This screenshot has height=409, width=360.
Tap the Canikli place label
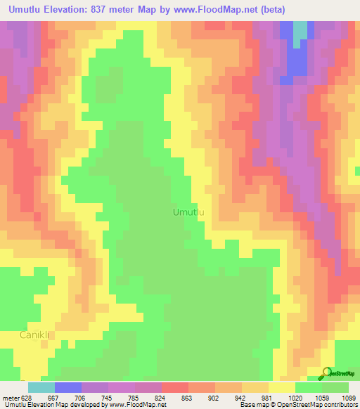pyautogui.click(x=33, y=335)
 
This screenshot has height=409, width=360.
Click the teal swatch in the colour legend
pyautogui.click(x=41, y=387)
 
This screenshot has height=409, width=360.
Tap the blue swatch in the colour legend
pyautogui.click(x=68, y=387)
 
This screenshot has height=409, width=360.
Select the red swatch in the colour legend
pyautogui.click(x=175, y=387)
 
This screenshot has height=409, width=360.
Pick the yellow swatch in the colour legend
pyautogui.click(x=282, y=387)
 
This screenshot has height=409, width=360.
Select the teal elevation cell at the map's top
pyautogui.click(x=300, y=30)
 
